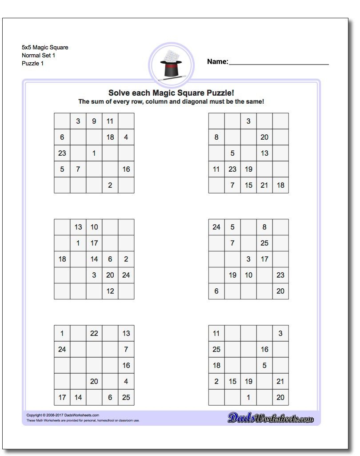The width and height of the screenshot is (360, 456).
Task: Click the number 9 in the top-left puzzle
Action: [x=94, y=121]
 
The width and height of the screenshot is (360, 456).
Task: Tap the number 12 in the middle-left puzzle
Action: [x=110, y=291]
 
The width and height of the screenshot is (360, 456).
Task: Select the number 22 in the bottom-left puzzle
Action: [x=94, y=333]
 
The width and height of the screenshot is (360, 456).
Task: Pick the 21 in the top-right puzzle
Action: [x=264, y=185]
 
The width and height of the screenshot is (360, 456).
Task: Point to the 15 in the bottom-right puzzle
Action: [x=232, y=381]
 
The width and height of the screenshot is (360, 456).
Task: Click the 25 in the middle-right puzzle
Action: [x=264, y=243]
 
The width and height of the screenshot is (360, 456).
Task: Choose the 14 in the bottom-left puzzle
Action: [x=78, y=397]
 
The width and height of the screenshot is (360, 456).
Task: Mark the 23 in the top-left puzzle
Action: [x=62, y=153]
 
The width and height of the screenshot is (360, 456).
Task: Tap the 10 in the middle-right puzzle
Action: [x=248, y=275]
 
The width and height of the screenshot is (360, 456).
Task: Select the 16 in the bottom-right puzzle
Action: [x=264, y=349]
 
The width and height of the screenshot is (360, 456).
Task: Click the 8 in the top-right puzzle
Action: [x=216, y=137]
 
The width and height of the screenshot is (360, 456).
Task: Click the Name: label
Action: [x=217, y=62]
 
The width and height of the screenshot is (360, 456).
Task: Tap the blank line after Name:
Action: [x=279, y=64]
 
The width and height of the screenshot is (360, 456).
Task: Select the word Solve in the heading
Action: [x=118, y=93]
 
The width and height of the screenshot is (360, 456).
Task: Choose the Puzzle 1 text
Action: [x=33, y=63]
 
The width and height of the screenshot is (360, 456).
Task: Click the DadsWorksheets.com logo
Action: [x=271, y=418]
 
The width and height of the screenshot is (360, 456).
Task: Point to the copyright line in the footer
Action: [x=63, y=415]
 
